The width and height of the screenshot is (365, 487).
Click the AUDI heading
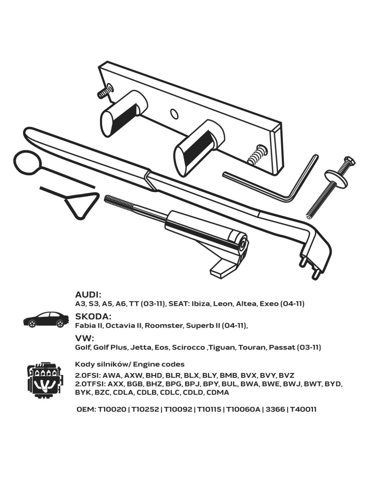pyautogui.click(x=88, y=295)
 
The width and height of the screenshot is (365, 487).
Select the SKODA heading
pyautogui.click(x=93, y=317)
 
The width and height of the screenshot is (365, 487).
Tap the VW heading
pyautogui.click(x=84, y=338)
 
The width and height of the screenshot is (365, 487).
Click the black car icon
pyautogui.click(x=46, y=320)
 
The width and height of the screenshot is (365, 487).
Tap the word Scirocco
pyautogui.click(x=188, y=347)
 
